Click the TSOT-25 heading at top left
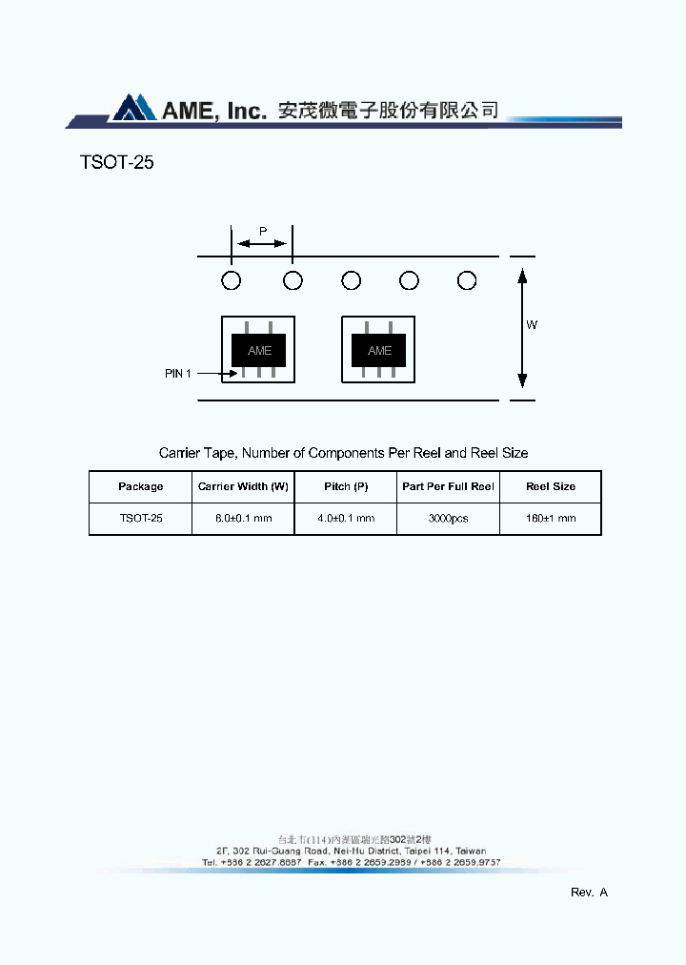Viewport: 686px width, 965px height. pyautogui.click(x=117, y=163)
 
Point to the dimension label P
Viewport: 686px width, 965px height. pyautogui.click(x=263, y=231)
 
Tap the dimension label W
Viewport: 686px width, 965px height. pyautogui.click(x=532, y=325)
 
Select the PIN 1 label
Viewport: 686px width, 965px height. pyautogui.click(x=178, y=374)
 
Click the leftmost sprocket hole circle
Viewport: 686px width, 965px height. pyautogui.click(x=231, y=280)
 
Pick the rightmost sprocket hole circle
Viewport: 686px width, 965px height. pyautogui.click(x=467, y=280)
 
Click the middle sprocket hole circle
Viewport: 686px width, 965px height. pyautogui.click(x=351, y=280)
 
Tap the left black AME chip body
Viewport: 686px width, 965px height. pyautogui.click(x=259, y=351)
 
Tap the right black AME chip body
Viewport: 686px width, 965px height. pyautogui.click(x=379, y=351)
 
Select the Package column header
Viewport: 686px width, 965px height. pyautogui.click(x=141, y=486)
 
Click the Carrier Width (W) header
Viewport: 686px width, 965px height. pyautogui.click(x=243, y=486)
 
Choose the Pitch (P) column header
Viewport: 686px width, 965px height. pyautogui.click(x=346, y=486)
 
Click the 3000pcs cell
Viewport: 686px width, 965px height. pyautogui.click(x=448, y=519)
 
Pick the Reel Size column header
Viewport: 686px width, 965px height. pyautogui.click(x=551, y=486)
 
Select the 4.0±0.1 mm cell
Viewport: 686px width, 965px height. pyautogui.click(x=346, y=519)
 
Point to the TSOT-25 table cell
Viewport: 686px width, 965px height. pyautogui.click(x=141, y=519)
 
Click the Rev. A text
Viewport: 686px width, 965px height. pyautogui.click(x=589, y=893)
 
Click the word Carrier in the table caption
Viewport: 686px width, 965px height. pyautogui.click(x=178, y=453)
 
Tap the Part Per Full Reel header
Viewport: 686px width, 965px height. pyautogui.click(x=448, y=486)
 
